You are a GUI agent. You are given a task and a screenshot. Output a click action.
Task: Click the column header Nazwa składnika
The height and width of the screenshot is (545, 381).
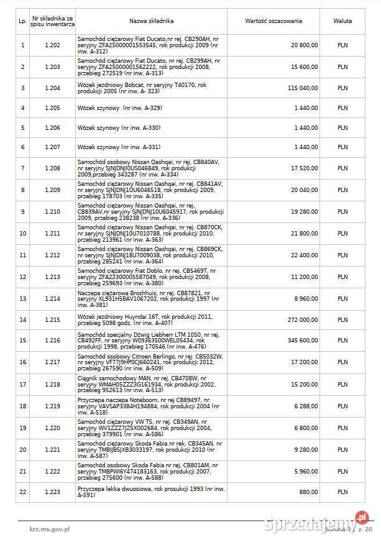152,21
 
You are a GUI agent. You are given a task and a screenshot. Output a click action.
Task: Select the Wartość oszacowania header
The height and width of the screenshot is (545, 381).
273,21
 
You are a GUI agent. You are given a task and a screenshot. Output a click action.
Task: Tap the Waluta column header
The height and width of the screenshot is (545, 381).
342,21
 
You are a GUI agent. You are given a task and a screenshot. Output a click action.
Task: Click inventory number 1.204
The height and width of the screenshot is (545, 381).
53,88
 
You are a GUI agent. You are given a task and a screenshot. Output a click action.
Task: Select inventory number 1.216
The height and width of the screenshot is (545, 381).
53,341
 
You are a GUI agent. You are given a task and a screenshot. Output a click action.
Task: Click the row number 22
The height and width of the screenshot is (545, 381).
23,492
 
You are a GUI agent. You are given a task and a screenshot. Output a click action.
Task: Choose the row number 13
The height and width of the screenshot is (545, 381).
23,298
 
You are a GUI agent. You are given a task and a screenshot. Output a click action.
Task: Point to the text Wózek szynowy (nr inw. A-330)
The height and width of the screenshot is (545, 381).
119,127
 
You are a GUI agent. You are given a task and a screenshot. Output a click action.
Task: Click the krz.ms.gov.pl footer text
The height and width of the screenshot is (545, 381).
50,529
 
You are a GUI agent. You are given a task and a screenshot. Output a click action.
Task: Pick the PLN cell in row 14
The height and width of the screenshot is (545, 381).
342,319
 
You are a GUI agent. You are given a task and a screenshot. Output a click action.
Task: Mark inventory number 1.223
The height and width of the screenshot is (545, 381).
53,492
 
